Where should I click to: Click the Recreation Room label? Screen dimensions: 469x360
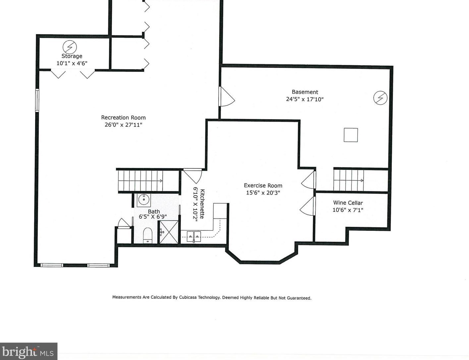(x=123, y=118)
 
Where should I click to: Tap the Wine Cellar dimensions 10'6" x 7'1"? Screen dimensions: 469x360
(x=348, y=210)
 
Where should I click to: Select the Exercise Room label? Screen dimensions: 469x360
(x=263, y=185)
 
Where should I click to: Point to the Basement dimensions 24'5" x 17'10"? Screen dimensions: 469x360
(x=304, y=99)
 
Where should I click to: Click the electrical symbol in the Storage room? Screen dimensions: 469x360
(x=70, y=47)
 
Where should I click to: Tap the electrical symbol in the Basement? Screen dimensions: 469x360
(x=380, y=98)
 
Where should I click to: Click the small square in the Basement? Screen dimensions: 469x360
(x=351, y=135)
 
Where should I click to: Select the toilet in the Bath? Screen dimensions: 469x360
(x=148, y=235)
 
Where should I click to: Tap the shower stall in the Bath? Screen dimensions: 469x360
(x=169, y=232)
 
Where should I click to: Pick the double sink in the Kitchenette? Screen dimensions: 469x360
(x=194, y=236)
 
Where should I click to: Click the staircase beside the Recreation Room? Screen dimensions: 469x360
(x=140, y=180)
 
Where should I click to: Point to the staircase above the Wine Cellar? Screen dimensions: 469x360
(x=348, y=180)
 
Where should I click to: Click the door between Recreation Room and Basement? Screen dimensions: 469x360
(x=227, y=96)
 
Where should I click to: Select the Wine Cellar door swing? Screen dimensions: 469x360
(x=307, y=206)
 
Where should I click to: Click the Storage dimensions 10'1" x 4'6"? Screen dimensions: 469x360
(x=72, y=63)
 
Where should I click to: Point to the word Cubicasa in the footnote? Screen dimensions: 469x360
(x=188, y=297)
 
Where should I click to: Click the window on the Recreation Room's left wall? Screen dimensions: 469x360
(x=37, y=100)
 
